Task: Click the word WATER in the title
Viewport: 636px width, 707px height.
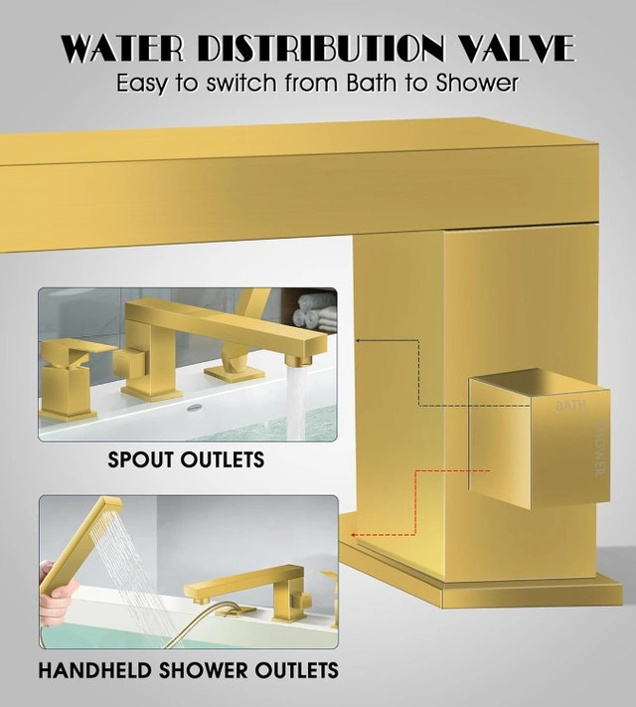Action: coord(122,49)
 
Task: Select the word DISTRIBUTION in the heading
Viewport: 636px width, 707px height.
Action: coord(321,49)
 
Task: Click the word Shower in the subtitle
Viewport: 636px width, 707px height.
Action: coord(476,83)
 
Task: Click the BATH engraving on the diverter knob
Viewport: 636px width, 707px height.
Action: coord(570,406)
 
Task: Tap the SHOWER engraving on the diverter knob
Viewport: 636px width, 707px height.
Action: coord(600,448)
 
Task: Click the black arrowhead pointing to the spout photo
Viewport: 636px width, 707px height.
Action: coord(359,340)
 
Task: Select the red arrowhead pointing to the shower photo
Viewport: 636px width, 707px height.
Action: coord(355,535)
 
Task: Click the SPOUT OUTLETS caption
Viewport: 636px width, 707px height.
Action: coord(186,460)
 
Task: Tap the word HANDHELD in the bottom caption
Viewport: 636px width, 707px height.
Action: coord(94,670)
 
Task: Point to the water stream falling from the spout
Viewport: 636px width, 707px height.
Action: coord(296,402)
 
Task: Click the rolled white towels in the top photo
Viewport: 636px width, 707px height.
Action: coord(315,311)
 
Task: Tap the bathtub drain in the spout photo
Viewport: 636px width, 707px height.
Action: coord(194,407)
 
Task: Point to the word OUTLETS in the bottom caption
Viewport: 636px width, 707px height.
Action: coord(296,670)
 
